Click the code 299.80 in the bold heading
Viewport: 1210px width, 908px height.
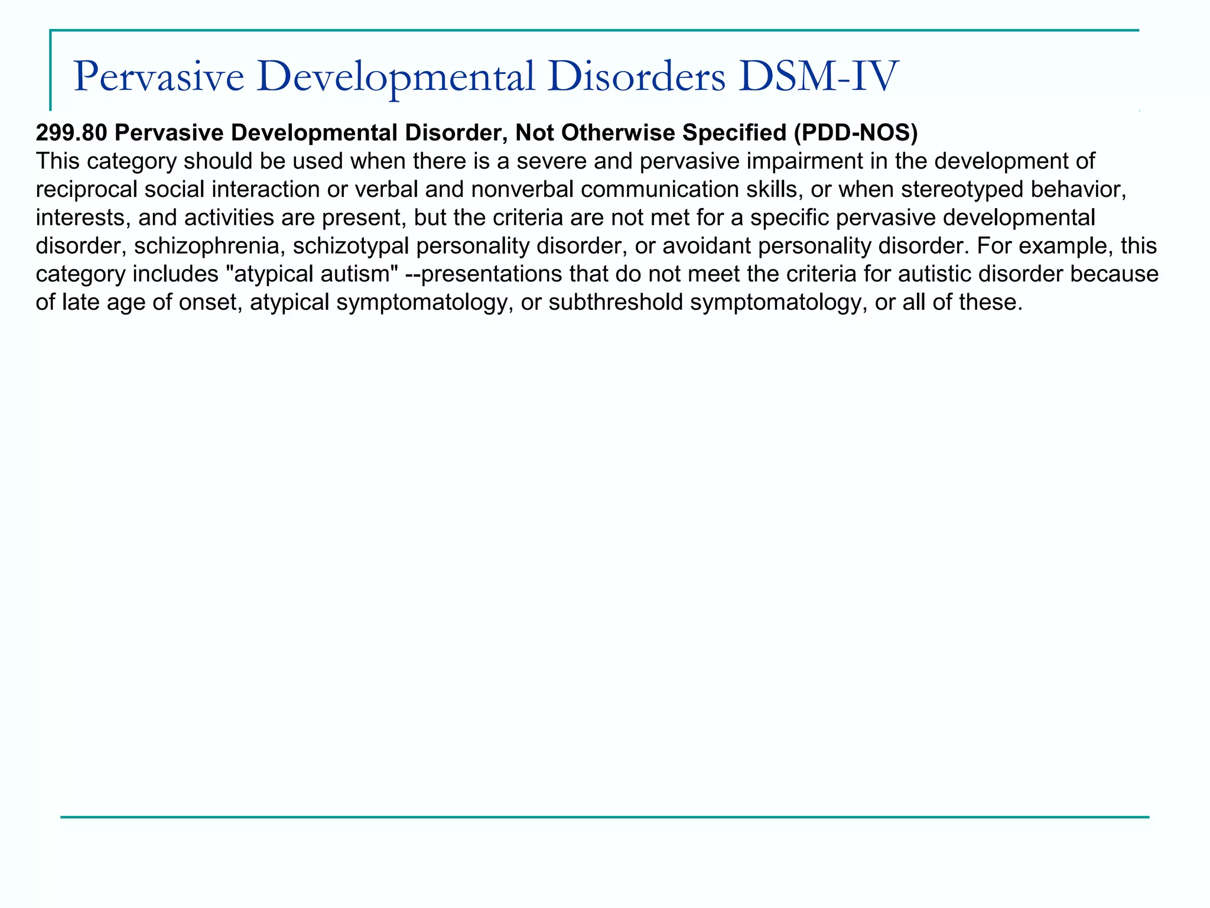pos(71,134)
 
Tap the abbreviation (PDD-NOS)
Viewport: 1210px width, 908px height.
pos(856,134)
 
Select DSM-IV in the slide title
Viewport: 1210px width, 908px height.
pos(818,77)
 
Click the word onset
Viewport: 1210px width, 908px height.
pos(209,303)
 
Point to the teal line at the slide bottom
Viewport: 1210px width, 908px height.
pos(605,817)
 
